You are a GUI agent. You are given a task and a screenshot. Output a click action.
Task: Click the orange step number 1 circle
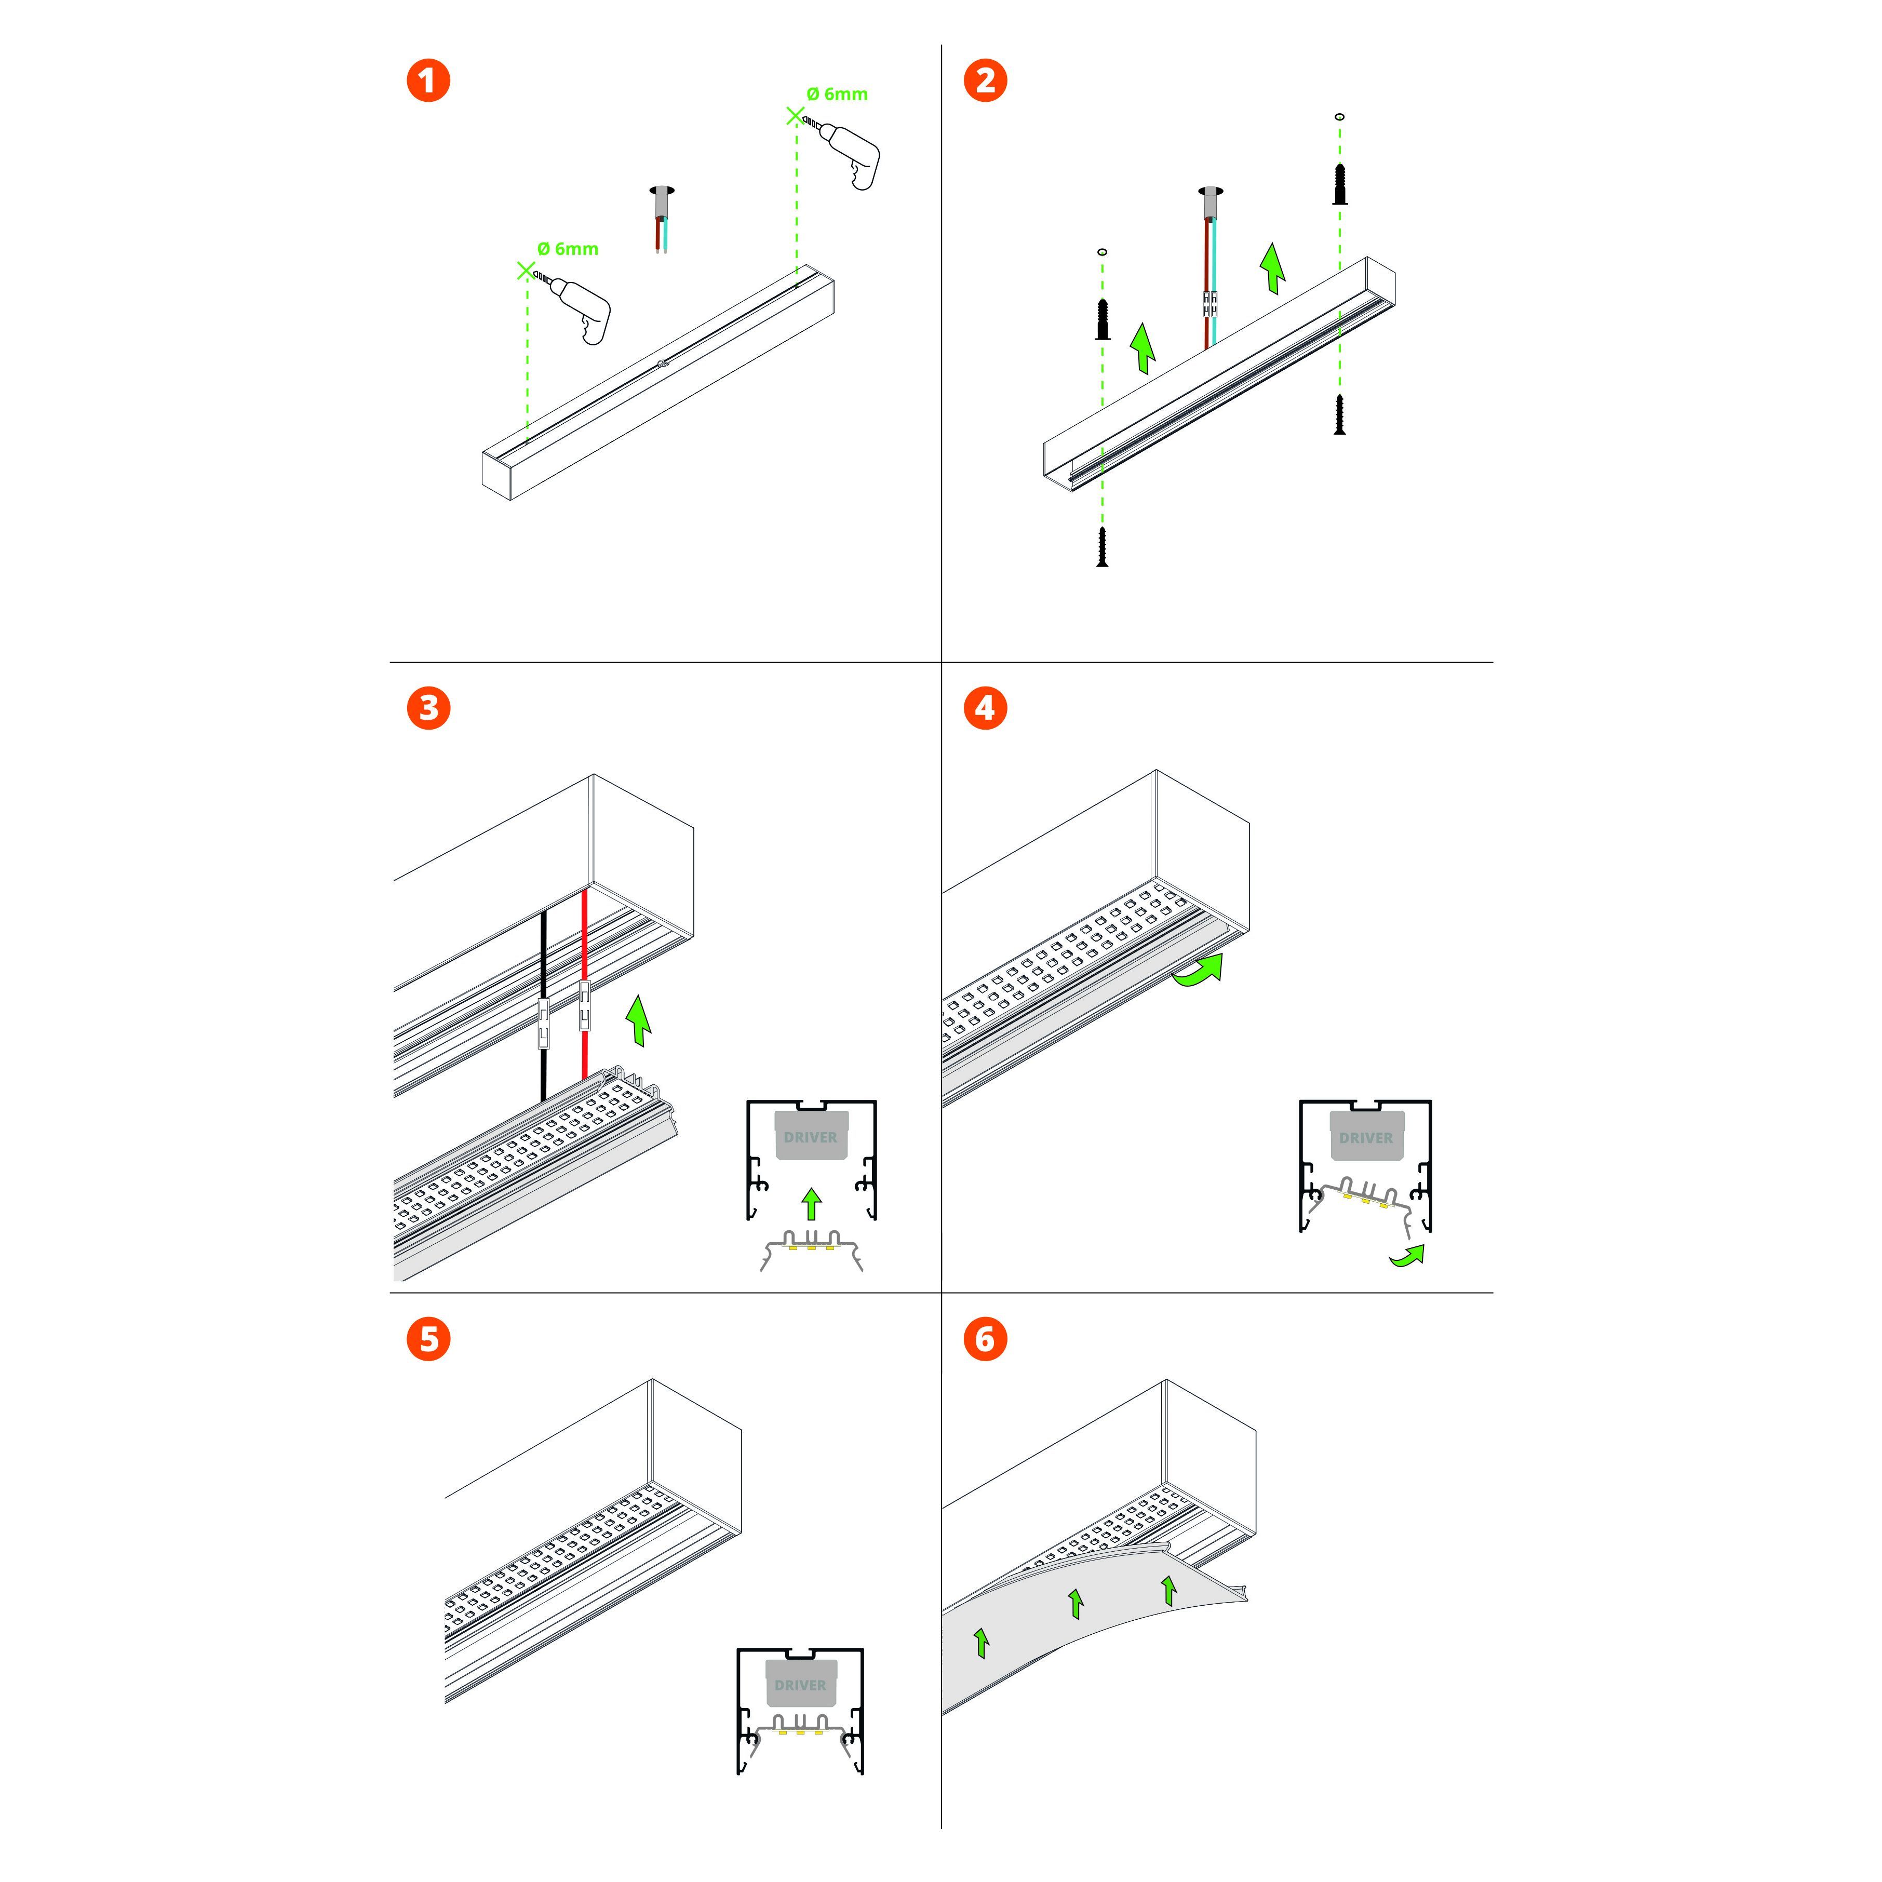click(428, 80)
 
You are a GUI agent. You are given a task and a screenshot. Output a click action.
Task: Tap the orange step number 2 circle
click(985, 80)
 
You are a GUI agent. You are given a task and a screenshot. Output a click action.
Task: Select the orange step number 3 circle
click(428, 708)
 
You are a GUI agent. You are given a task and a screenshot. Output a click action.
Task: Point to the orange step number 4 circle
click(985, 708)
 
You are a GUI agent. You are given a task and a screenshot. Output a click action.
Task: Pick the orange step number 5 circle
click(428, 1339)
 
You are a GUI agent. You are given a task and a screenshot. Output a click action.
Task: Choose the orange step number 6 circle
click(985, 1339)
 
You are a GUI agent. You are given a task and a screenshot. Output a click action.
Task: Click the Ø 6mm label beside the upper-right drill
click(837, 95)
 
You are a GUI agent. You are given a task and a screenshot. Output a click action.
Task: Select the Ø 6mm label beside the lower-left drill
click(568, 249)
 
